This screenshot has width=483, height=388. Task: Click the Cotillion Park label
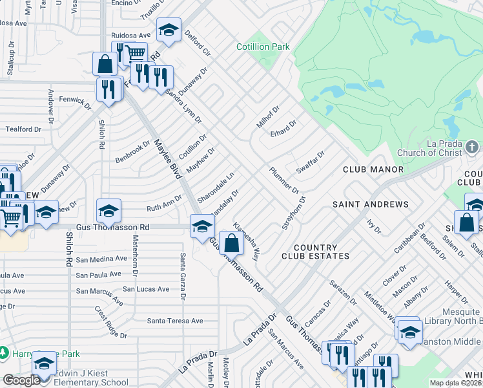[263, 47]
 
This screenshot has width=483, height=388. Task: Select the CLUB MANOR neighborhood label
[373, 169]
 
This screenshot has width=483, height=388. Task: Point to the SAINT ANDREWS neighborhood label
[371, 204]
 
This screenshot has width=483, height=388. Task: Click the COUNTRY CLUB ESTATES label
[315, 252]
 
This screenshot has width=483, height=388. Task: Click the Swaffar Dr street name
[310, 162]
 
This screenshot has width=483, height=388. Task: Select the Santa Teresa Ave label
[175, 321]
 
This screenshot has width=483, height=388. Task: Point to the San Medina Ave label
[101, 259]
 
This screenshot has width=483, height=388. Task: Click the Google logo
[21, 380]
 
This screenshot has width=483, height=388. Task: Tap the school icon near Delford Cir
[169, 30]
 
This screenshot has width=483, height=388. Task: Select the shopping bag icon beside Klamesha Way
[231, 243]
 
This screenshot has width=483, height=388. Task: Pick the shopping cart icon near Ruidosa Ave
[135, 53]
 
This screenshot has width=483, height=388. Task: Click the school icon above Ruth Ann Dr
[108, 210]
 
